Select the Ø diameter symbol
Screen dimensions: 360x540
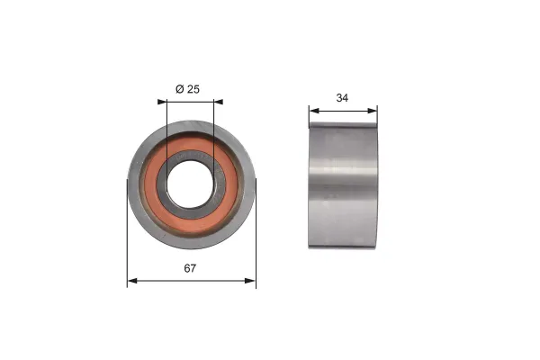coord(179,88)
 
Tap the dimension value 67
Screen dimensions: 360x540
coord(191,268)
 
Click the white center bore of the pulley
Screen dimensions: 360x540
coord(191,184)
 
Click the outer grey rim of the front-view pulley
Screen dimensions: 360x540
coord(135,184)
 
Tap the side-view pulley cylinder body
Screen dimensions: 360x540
coord(343,184)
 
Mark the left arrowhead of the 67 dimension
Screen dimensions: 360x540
coord(131,282)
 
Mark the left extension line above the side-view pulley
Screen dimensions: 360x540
coord(309,115)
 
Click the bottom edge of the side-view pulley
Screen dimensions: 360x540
coord(343,247)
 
